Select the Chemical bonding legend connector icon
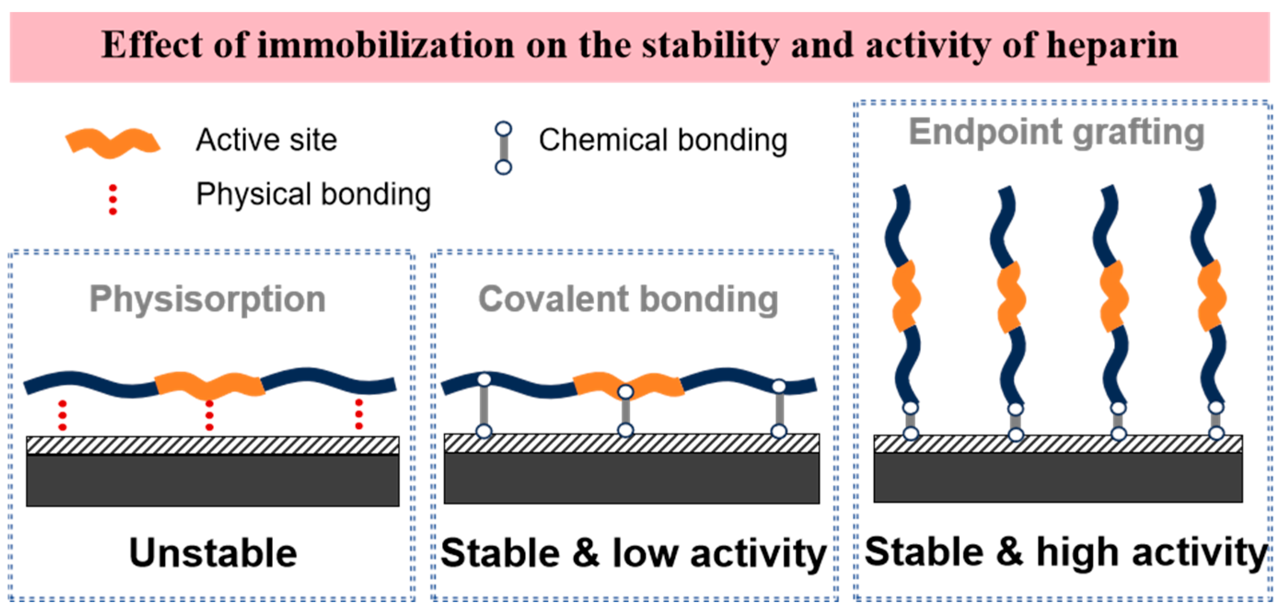(x=503, y=148)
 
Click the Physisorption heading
(x=208, y=299)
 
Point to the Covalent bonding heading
(x=628, y=299)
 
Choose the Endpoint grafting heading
(x=1056, y=132)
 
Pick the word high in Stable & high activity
(x=1077, y=552)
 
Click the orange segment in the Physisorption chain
(x=209, y=385)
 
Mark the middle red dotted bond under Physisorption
(x=209, y=415)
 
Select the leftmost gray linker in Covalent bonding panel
(x=484, y=406)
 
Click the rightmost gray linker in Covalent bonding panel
(x=779, y=408)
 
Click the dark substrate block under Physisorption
(x=213, y=480)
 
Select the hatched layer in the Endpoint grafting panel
(x=1057, y=444)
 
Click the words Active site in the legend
(x=266, y=140)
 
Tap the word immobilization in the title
(x=386, y=46)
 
